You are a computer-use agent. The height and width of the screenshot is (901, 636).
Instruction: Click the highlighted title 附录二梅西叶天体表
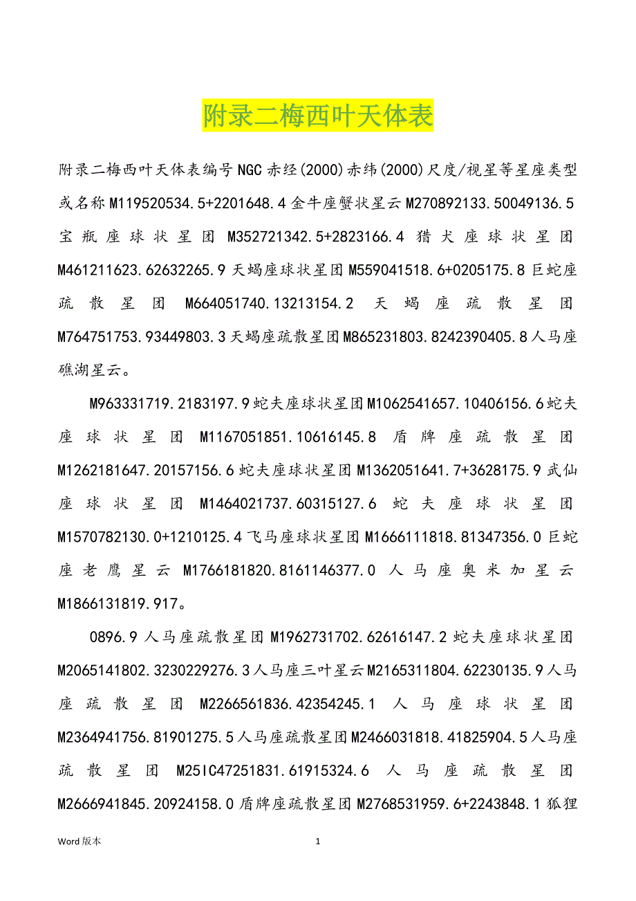tap(318, 116)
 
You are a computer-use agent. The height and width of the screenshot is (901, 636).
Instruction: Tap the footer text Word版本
tap(79, 841)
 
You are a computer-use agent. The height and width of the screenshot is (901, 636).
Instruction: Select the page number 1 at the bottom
tap(318, 841)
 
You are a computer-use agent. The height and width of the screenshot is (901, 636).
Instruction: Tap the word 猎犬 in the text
tap(436, 237)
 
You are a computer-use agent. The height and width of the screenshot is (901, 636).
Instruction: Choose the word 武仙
tap(561, 470)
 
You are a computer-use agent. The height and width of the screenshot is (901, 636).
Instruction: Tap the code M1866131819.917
tap(117, 603)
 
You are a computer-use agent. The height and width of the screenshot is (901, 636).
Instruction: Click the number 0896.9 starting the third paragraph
tap(114, 637)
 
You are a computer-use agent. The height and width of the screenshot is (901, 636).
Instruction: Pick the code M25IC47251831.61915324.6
tap(274, 770)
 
